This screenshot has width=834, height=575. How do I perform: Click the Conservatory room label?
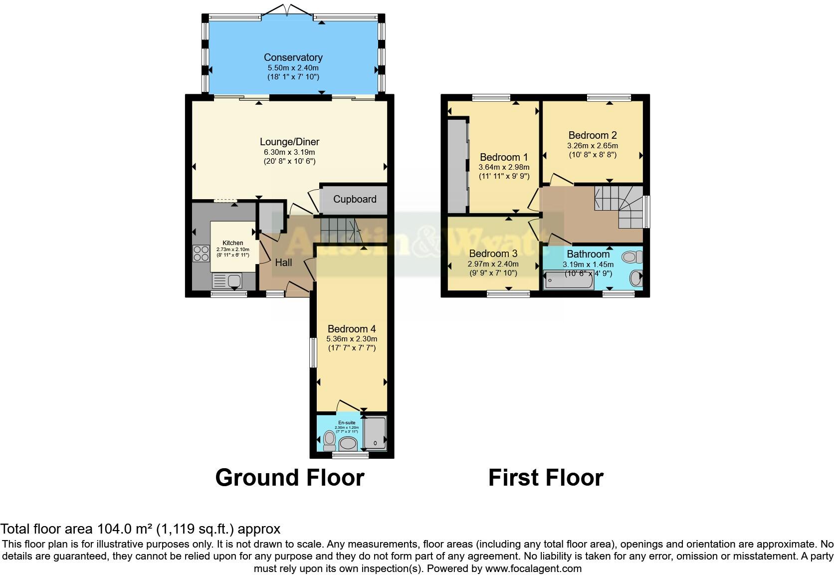(293, 57)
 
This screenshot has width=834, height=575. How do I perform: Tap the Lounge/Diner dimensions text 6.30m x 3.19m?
(289, 152)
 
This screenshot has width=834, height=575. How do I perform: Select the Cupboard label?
(355, 199)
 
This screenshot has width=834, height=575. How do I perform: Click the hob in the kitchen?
(201, 254)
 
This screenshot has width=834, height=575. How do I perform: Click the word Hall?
(283, 262)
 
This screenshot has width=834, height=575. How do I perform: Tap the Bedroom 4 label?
(351, 329)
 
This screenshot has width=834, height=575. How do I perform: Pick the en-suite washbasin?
(348, 443)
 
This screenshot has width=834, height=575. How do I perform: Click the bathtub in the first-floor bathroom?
(568, 281)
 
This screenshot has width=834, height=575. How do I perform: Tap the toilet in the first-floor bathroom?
(632, 258)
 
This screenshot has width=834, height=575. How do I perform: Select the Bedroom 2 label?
(592, 135)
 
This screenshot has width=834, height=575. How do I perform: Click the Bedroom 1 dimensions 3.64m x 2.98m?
(503, 167)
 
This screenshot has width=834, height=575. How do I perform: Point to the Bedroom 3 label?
(493, 254)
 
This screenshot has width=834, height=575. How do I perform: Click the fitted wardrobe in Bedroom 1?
(457, 165)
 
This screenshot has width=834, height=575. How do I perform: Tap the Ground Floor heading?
(289, 477)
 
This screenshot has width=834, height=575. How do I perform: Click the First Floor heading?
(546, 477)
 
